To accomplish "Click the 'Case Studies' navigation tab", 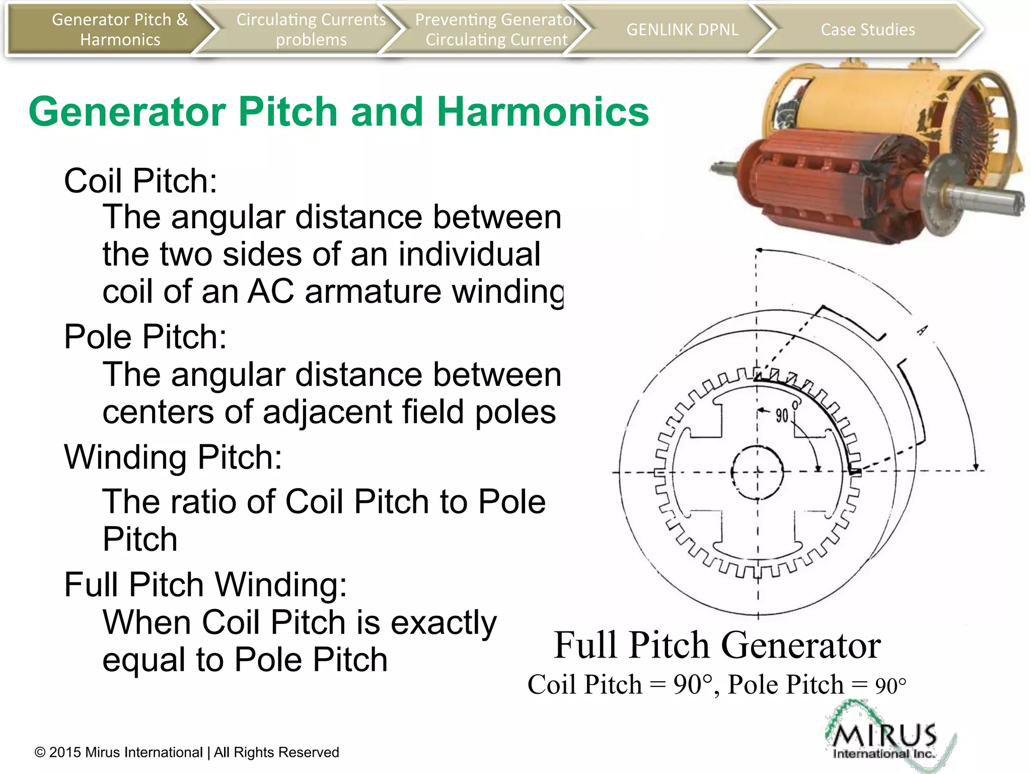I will coord(867,29).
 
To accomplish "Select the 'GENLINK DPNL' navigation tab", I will coord(682,29).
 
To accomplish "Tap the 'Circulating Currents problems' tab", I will coord(311,29).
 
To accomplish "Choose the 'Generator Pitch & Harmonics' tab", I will coord(120,29).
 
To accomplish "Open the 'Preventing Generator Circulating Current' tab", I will coord(496,29).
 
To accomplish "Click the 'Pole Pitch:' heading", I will coord(145,336).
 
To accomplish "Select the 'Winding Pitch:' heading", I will coord(173,457).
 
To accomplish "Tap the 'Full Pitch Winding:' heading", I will coord(205,584).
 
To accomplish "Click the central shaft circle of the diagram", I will coord(757,472).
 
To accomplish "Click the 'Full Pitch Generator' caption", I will coord(717,645).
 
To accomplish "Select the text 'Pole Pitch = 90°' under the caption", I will coord(817,685).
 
